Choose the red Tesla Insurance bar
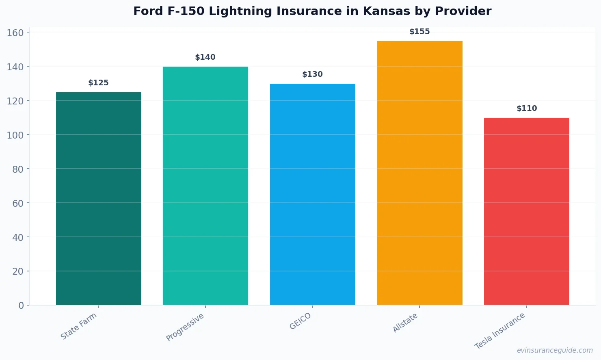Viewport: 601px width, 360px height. (x=527, y=211)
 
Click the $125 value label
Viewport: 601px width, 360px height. (x=99, y=83)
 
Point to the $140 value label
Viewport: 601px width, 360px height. (x=205, y=57)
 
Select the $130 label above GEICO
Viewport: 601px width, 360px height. (x=313, y=74)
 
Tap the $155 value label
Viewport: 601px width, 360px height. (x=419, y=32)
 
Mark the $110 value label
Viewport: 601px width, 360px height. (x=527, y=108)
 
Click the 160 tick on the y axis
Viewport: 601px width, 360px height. (x=15, y=33)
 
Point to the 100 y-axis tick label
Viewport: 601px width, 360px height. (x=15, y=135)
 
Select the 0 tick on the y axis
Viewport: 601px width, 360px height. (x=21, y=306)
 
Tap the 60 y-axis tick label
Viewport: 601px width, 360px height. (x=18, y=203)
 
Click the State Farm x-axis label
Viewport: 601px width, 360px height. (x=79, y=326)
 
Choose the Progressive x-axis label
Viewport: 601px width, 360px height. (x=185, y=327)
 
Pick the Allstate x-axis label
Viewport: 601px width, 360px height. (x=405, y=323)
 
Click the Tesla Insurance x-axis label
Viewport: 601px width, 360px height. (x=500, y=331)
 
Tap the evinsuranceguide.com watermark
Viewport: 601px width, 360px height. (x=555, y=350)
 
